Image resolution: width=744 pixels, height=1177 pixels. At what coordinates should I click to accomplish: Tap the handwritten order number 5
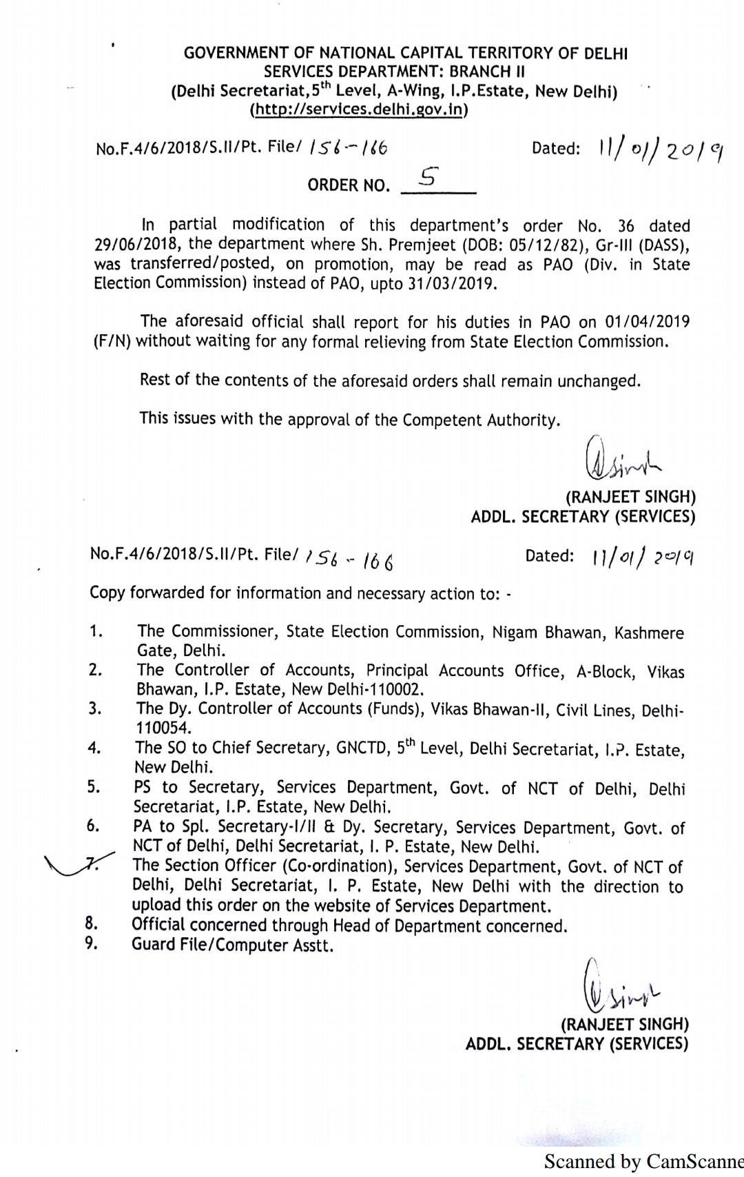coord(427,178)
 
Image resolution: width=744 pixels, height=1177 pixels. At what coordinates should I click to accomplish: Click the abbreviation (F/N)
coord(112,342)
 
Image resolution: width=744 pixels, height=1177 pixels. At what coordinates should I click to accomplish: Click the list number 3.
coord(94,708)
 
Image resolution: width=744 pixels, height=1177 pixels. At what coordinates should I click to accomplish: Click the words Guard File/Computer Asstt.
coord(232,945)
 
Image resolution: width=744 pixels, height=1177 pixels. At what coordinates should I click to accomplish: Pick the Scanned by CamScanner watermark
coord(643,1162)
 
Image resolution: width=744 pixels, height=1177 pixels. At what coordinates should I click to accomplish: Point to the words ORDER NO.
coord(348,185)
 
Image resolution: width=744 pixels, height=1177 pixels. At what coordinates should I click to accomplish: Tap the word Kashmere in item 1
coord(649,633)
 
